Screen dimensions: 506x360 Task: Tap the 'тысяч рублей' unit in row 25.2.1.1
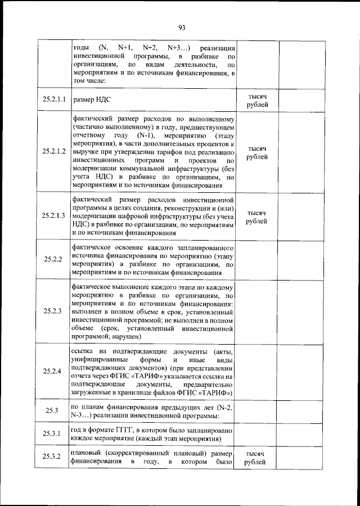coord(256,101)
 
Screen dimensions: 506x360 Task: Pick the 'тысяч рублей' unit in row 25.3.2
coord(256,458)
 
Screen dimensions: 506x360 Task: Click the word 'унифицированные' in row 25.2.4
coord(101,360)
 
